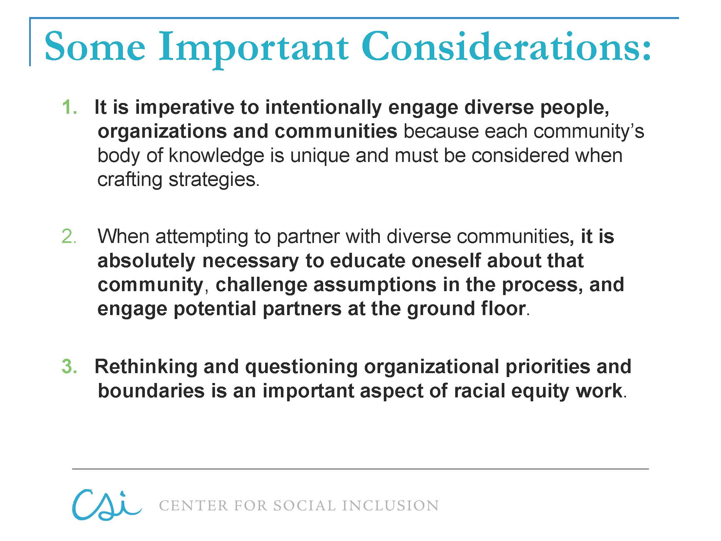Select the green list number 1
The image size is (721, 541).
pyautogui.click(x=69, y=107)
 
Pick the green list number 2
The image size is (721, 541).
pyautogui.click(x=69, y=236)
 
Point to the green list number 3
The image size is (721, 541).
pyautogui.click(x=69, y=366)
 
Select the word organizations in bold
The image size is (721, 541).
pyautogui.click(x=162, y=131)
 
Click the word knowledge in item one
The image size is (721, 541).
pyautogui.click(x=216, y=155)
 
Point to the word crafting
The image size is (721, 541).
pyautogui.click(x=130, y=180)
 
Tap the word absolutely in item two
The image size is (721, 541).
pyautogui.click(x=146, y=261)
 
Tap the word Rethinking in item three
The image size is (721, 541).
pyautogui.click(x=146, y=366)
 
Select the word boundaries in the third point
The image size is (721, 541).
pyautogui.click(x=151, y=391)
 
